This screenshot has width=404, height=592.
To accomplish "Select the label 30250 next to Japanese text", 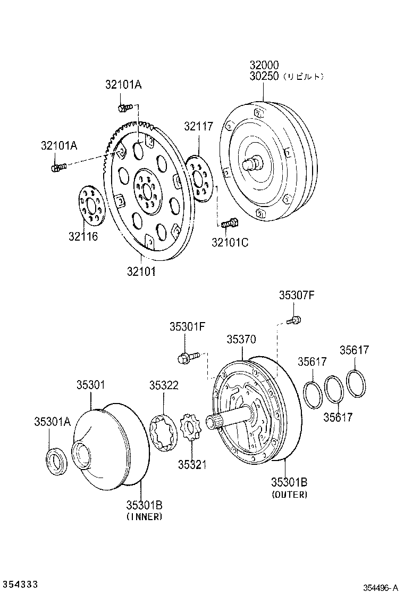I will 264,77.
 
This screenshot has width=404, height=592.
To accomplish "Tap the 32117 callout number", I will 199,126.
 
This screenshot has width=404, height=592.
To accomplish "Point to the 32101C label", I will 230,243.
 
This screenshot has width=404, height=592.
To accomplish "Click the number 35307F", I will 297,295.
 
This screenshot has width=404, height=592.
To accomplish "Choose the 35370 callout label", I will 241,339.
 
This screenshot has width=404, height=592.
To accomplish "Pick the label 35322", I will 164,385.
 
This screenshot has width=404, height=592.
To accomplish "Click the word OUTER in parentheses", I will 289,495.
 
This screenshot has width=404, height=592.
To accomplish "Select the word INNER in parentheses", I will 144,516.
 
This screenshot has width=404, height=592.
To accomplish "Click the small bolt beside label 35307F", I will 294,320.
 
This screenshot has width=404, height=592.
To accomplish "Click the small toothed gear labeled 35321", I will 190,427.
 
